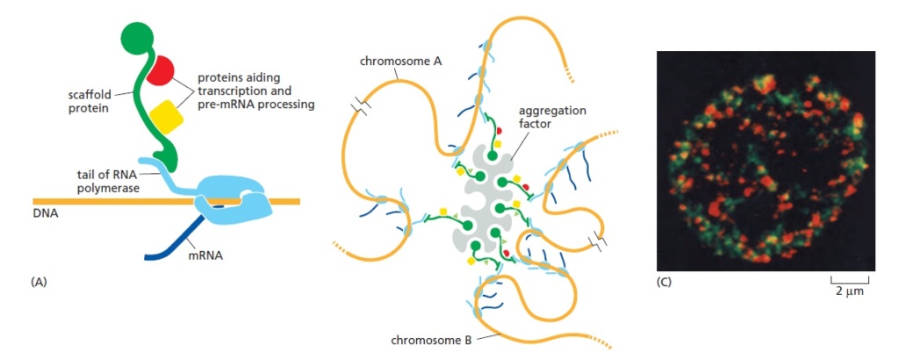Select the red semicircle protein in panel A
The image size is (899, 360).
159,70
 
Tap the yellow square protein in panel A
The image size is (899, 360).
167,118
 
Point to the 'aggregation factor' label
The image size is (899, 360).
553,117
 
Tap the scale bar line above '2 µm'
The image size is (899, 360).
850,281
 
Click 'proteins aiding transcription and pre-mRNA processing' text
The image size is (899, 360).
255,90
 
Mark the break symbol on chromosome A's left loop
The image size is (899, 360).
363,104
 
